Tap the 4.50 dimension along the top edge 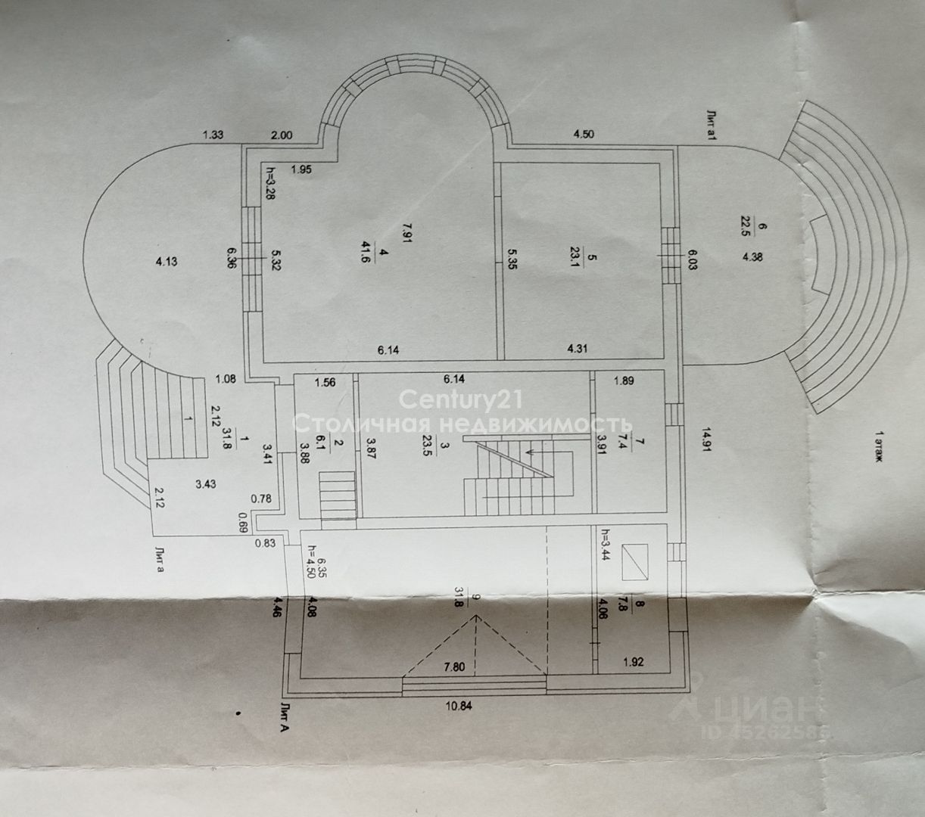click(x=584, y=135)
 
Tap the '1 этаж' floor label click(x=880, y=446)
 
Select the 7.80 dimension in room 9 click(x=454, y=667)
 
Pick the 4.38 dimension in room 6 click(x=752, y=257)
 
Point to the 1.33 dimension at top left click(x=213, y=135)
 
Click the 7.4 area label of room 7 click(x=622, y=440)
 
